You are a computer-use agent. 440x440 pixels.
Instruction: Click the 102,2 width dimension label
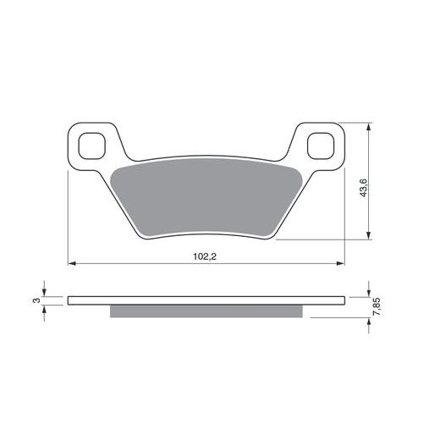[205, 256]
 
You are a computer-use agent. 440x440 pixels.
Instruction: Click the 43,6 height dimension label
[364, 188]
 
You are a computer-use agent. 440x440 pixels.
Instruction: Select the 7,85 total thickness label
[377, 307]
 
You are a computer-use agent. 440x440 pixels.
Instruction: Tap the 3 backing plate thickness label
[36, 300]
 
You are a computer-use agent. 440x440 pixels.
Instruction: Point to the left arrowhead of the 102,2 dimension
[72, 263]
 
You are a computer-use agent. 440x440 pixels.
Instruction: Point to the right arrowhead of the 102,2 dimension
[341, 263]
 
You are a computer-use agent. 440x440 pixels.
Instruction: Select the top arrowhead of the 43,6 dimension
[368, 127]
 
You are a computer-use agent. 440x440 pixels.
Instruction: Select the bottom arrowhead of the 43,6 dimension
[368, 236]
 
